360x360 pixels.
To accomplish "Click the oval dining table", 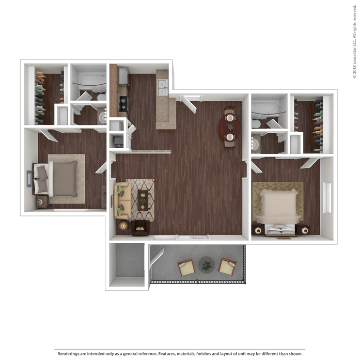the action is (230, 127).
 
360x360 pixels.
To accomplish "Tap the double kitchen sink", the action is (163, 87).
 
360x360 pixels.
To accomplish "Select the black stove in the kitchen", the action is (124, 104).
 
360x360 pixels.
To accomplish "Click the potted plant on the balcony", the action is (207, 265).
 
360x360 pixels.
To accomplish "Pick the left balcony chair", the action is (186, 267).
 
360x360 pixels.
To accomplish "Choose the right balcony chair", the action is (228, 267).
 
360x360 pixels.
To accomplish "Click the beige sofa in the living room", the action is (122, 200).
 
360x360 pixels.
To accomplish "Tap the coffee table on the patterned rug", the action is (143, 200).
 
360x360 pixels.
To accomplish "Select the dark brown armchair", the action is (140, 228).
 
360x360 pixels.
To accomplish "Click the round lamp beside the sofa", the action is (123, 226).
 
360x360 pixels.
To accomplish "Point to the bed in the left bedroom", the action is (56, 179).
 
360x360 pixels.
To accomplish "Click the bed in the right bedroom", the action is (278, 211).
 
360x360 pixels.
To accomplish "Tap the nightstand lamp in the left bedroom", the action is (40, 202).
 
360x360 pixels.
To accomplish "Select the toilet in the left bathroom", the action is (101, 97).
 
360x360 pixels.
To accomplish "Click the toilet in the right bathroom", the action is (256, 124).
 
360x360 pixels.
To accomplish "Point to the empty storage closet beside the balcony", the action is (130, 261).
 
